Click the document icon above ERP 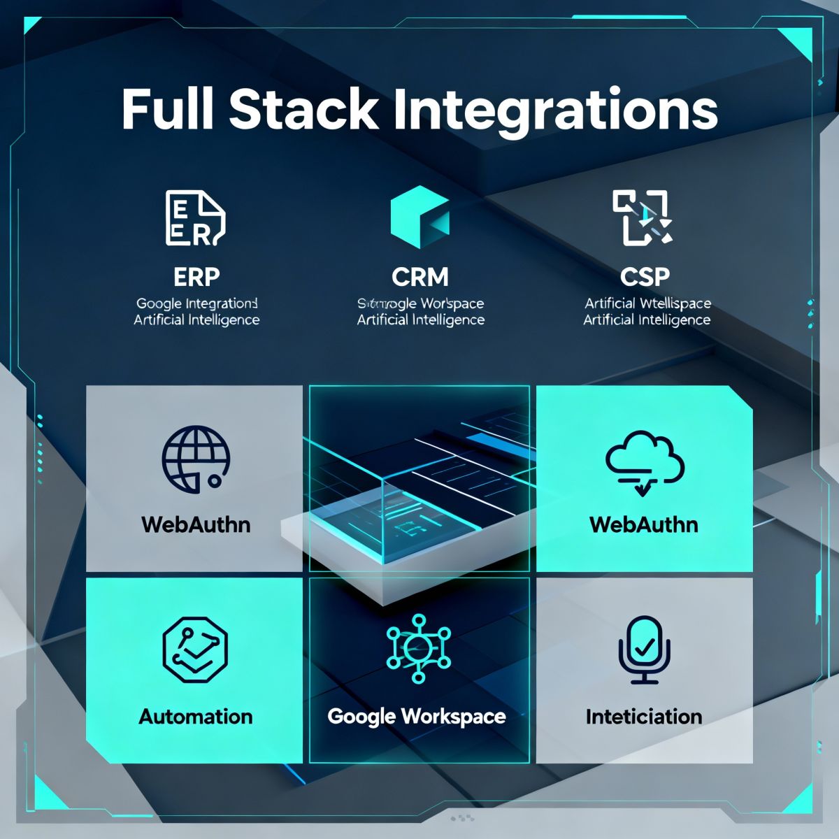click(x=195, y=218)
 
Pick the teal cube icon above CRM click(x=419, y=217)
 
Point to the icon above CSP click(x=642, y=217)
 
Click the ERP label click(x=196, y=277)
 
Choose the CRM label click(x=420, y=277)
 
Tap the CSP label click(x=645, y=277)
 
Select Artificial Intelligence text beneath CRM click(x=420, y=320)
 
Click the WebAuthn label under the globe click(x=196, y=524)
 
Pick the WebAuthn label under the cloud click(x=644, y=524)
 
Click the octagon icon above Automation click(x=196, y=650)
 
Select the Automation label click(x=196, y=717)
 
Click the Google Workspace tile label click(x=417, y=717)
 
